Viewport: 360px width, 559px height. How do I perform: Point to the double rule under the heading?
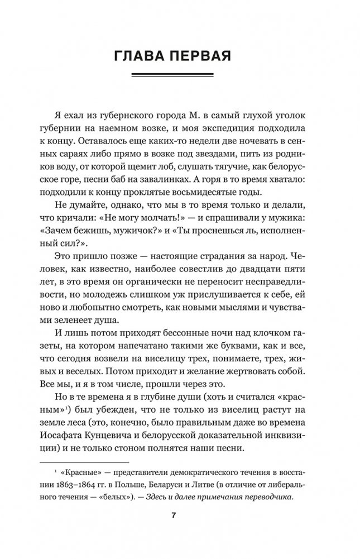click(x=180, y=77)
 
